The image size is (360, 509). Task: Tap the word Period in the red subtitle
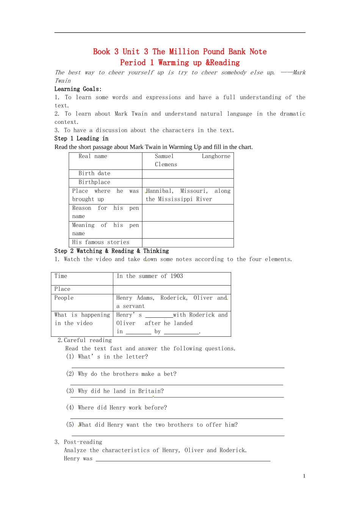(133, 62)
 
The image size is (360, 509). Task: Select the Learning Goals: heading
(78, 89)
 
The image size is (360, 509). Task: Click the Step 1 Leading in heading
(81, 139)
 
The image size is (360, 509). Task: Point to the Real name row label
(92, 156)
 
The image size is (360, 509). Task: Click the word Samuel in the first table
(164, 156)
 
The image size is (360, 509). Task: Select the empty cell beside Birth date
(188, 174)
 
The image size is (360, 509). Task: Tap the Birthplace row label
(94, 182)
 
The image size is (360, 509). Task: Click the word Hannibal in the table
(160, 191)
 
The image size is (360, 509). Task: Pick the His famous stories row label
(100, 242)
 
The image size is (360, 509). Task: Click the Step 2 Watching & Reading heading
(111, 251)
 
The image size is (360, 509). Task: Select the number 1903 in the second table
(177, 276)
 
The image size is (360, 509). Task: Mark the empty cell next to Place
(172, 290)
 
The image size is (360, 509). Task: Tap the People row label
(64, 298)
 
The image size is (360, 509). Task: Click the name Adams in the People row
(146, 298)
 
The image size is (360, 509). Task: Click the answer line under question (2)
(177, 384)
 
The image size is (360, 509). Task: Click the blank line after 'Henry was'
(183, 460)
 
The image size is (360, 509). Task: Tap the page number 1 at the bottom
(304, 476)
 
